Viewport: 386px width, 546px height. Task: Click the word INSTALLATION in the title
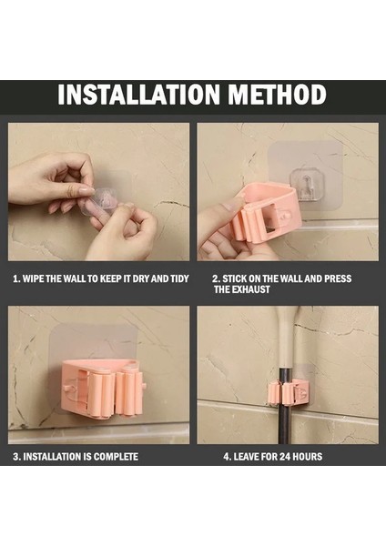138,95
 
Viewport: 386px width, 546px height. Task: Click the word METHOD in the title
278,95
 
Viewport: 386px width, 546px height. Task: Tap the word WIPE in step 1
34,279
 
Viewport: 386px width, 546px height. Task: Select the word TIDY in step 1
179,279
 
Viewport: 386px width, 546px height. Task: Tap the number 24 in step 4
285,457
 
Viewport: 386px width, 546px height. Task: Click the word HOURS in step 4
308,457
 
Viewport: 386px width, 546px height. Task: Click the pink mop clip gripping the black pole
287,393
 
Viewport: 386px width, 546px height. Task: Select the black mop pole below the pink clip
284,424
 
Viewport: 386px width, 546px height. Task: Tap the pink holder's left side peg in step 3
66,389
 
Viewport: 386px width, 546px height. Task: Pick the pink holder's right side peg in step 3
144,385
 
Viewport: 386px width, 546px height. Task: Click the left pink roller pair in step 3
101,395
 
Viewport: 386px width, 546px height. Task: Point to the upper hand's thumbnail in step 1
86,191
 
